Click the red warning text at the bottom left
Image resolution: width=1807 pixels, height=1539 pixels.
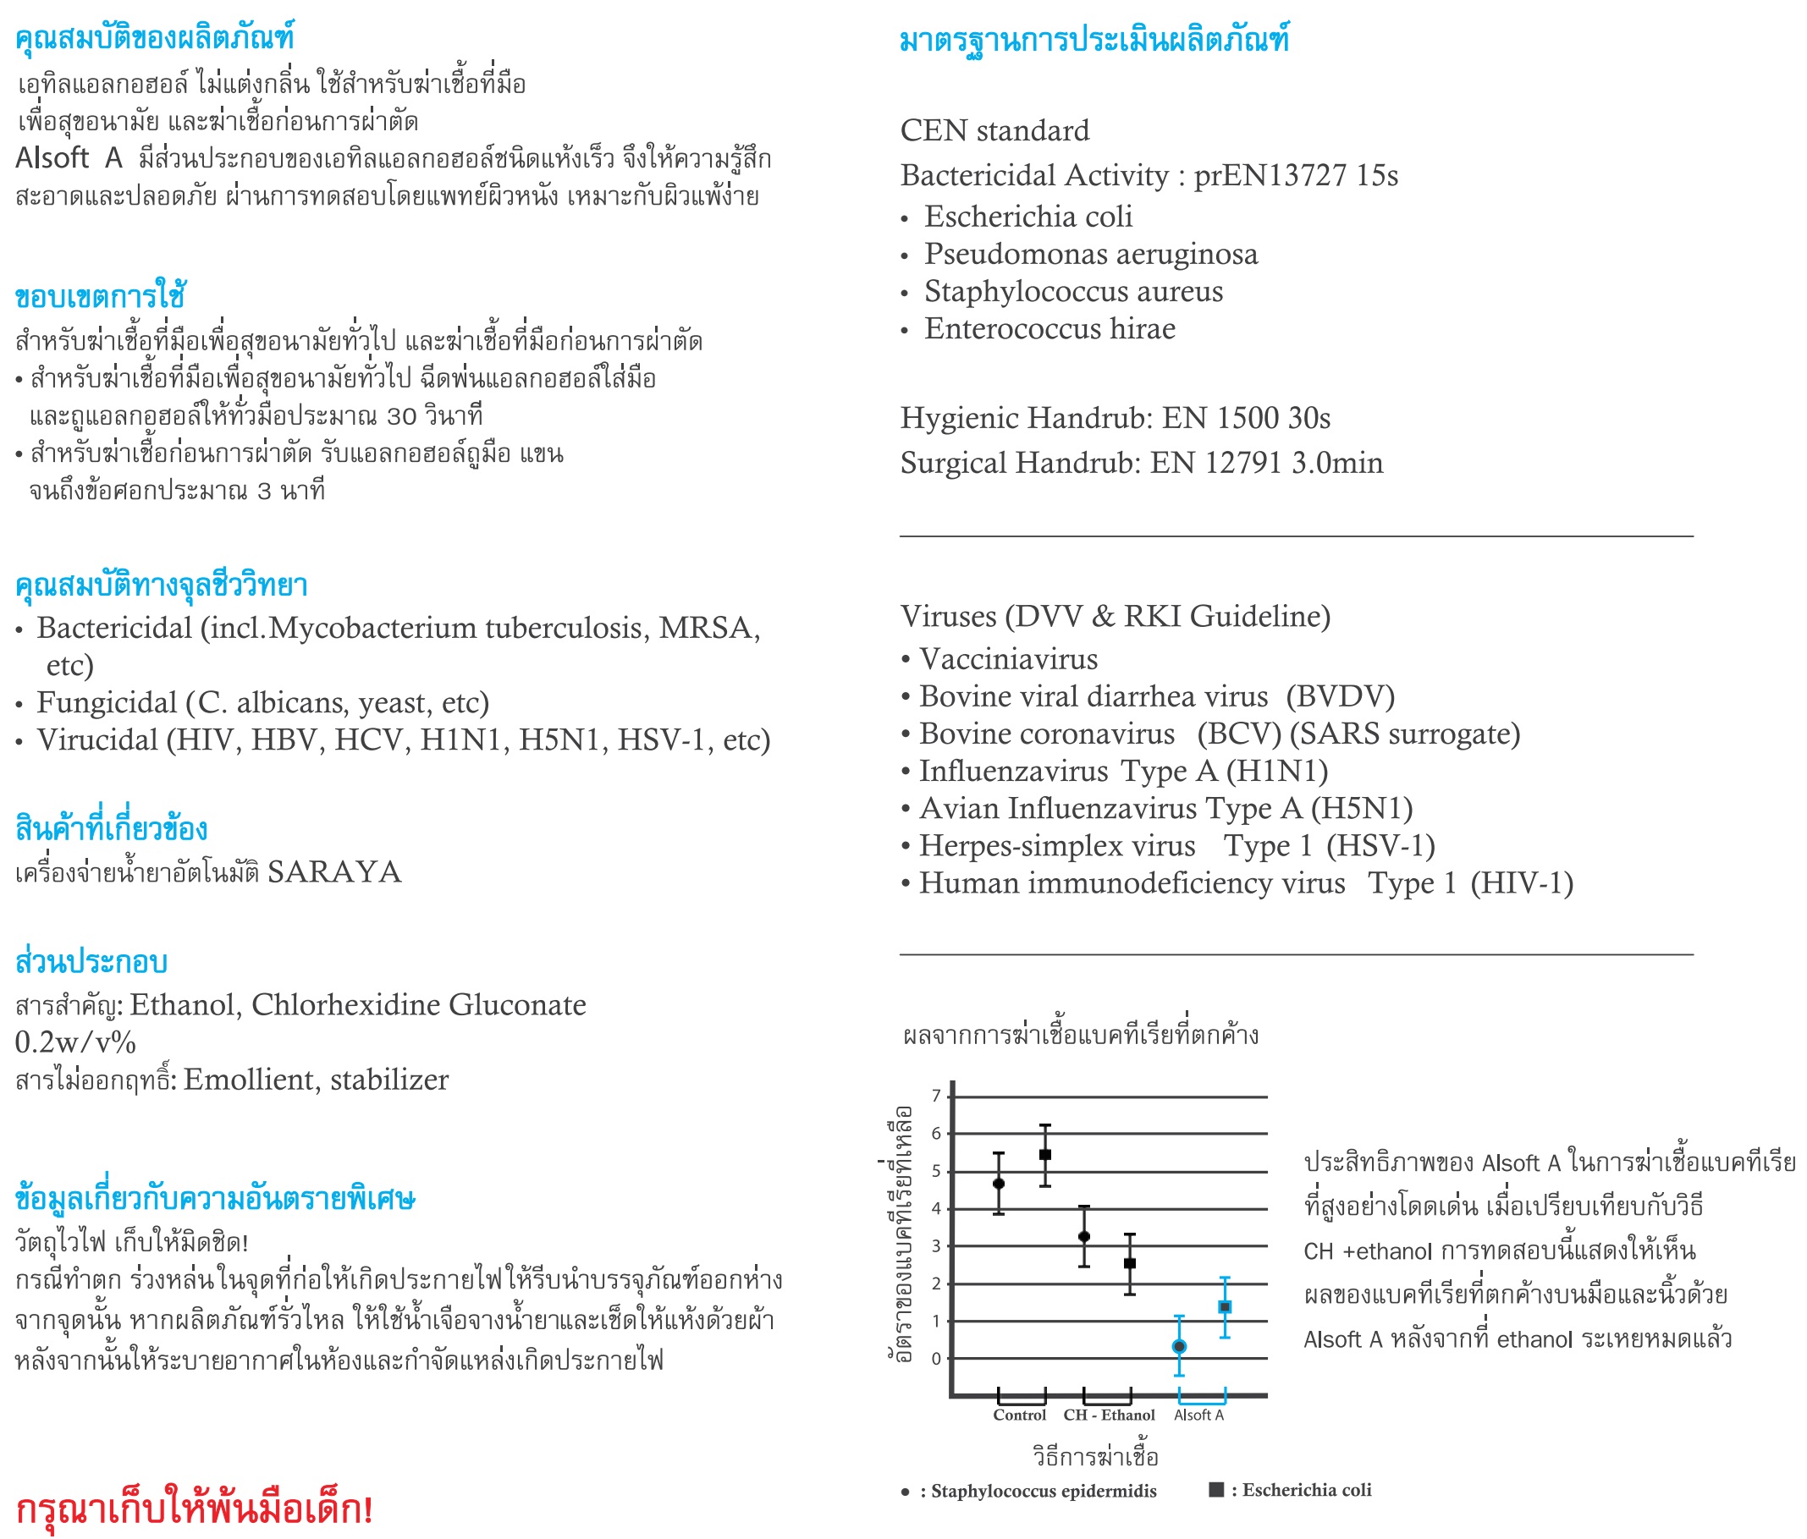(x=194, y=1508)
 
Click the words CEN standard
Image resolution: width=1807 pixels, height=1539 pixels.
(x=994, y=131)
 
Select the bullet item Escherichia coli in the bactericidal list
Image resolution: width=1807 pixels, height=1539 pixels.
(x=1027, y=217)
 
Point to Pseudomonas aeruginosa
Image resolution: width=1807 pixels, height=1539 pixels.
(x=1090, y=254)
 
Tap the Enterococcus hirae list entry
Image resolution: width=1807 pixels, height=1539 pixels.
(x=1049, y=329)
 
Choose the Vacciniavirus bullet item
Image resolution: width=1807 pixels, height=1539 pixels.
(x=1007, y=659)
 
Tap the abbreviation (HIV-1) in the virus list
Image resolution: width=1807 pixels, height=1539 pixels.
(x=1521, y=883)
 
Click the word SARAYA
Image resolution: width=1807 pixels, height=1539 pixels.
(x=334, y=872)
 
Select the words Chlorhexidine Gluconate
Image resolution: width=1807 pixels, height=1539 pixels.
(x=419, y=1005)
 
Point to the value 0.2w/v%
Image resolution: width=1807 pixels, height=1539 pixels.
(x=75, y=1043)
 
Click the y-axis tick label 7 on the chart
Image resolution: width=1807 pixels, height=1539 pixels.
(x=936, y=1096)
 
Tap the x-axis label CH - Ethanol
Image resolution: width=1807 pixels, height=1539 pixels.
(x=1109, y=1415)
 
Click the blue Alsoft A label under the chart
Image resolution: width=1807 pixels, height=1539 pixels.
(x=1198, y=1415)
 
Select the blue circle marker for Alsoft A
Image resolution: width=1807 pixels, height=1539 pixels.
(x=1179, y=1346)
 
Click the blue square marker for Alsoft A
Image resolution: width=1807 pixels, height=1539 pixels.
(x=1225, y=1307)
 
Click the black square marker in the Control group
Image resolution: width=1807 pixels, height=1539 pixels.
(x=1044, y=1155)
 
